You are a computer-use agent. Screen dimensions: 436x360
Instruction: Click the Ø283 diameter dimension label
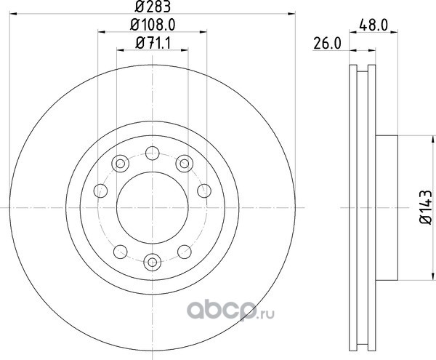[x=153, y=7]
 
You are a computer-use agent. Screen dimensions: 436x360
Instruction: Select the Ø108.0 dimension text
[x=153, y=25]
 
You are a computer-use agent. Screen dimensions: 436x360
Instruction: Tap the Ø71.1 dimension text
[x=153, y=43]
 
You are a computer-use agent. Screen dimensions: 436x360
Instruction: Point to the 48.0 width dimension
[x=374, y=25]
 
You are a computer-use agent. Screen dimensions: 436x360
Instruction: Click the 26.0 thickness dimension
[x=327, y=44]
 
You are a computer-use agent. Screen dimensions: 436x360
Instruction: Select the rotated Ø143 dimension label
[x=425, y=207]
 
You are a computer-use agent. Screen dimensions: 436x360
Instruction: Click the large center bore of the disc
[x=153, y=207]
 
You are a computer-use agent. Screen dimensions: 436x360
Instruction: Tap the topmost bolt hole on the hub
[x=153, y=153]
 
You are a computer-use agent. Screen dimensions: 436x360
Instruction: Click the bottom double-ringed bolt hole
[x=153, y=262]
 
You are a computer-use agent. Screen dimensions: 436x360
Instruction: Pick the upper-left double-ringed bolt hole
[x=120, y=164]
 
